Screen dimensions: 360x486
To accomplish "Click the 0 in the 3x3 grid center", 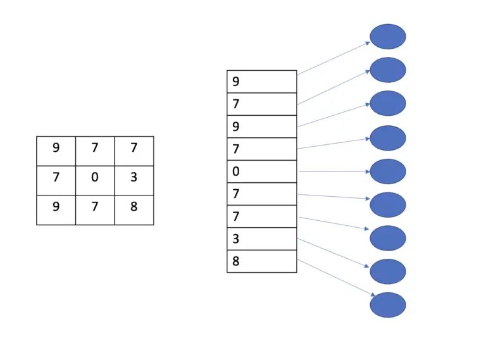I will pos(95,177).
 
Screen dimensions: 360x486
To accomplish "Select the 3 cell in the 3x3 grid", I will pos(134,177).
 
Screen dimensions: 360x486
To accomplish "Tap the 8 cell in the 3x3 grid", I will pos(134,206).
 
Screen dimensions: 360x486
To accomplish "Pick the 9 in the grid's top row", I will pos(56,148).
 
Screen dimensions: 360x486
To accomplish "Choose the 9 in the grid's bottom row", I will pos(56,206).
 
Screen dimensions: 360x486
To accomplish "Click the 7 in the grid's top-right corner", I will pos(134,148).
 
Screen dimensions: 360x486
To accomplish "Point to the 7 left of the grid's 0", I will pos(56,177).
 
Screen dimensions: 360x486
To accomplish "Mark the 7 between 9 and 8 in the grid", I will pos(95,206).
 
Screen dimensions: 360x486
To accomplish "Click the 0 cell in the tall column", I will pos(261,171).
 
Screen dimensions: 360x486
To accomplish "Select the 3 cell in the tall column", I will pos(261,239).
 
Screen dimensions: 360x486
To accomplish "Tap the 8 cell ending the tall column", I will pos(261,261).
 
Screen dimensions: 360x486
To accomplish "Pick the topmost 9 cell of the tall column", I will pos(261,82).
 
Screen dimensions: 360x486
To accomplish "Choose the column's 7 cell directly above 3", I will pos(261,216).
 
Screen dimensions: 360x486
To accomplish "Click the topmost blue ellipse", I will pos(387,37).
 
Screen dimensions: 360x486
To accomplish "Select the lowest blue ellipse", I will pos(387,305).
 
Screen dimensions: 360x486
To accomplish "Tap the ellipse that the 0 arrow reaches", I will pos(387,171).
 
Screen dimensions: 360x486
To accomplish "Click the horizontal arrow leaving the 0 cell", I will pos(333,171).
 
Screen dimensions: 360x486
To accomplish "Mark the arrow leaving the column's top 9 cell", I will pos(333,58).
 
